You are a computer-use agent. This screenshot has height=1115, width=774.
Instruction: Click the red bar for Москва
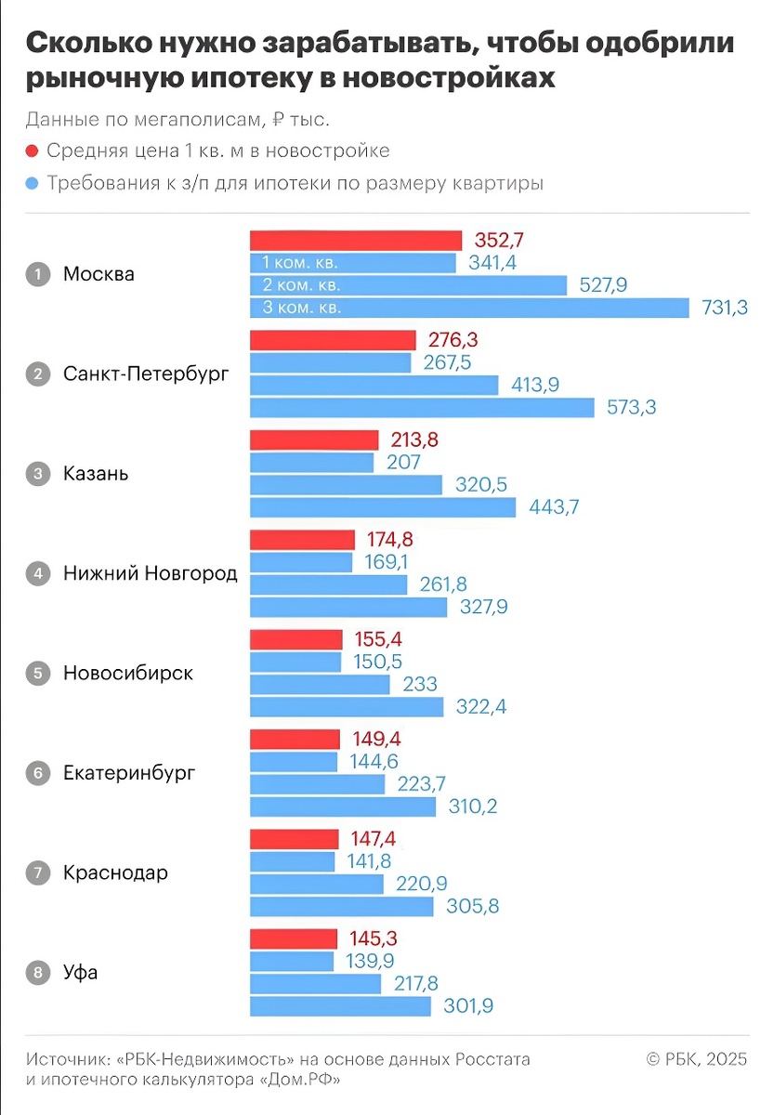coord(356,241)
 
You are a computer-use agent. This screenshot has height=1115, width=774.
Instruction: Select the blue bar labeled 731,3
coord(470,308)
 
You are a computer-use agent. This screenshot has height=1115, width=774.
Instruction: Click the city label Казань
coord(96,474)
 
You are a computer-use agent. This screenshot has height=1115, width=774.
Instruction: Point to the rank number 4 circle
coord(38,573)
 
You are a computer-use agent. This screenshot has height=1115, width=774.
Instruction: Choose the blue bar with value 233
coord(321,685)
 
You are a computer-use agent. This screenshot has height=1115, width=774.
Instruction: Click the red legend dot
coord(33,151)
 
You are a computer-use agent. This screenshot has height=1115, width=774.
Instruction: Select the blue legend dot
coord(33,184)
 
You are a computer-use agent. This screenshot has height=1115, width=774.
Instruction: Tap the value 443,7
coord(555,507)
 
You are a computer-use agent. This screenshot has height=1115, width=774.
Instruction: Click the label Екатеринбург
coord(129,773)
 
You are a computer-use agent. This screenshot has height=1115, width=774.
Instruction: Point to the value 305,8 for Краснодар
coord(473,906)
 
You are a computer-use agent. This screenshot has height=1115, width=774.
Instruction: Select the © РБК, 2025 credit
coord(697,1059)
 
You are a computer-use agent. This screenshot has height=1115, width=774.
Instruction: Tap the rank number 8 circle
coord(38,973)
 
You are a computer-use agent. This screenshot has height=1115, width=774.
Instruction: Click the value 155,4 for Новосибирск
coord(381,640)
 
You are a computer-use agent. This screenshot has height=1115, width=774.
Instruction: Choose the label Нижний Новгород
coord(151,573)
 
